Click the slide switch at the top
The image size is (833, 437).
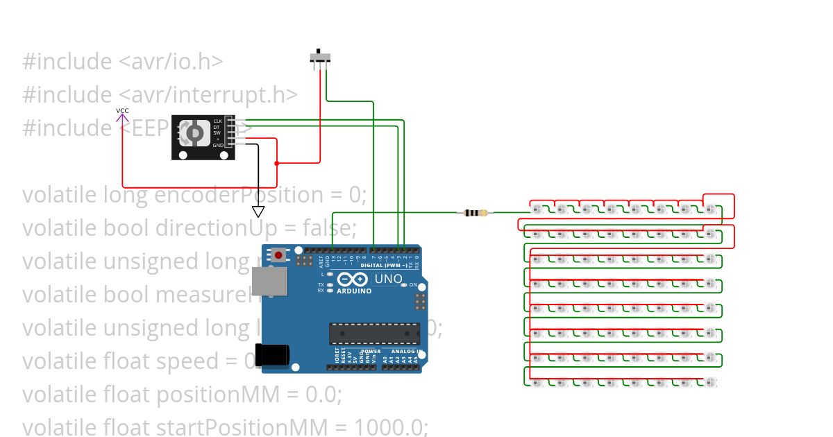319,58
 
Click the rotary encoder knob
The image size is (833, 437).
195,132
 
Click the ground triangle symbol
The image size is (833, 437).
258,211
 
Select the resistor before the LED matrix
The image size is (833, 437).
476,213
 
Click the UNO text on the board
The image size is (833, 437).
388,279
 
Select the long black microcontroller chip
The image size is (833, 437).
374,334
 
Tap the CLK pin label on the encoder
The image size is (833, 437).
218,121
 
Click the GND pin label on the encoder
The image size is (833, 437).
218,145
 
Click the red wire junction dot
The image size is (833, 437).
277,164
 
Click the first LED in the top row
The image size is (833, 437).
537,208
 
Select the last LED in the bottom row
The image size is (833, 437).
709,382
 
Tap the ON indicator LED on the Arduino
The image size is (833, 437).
405,285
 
